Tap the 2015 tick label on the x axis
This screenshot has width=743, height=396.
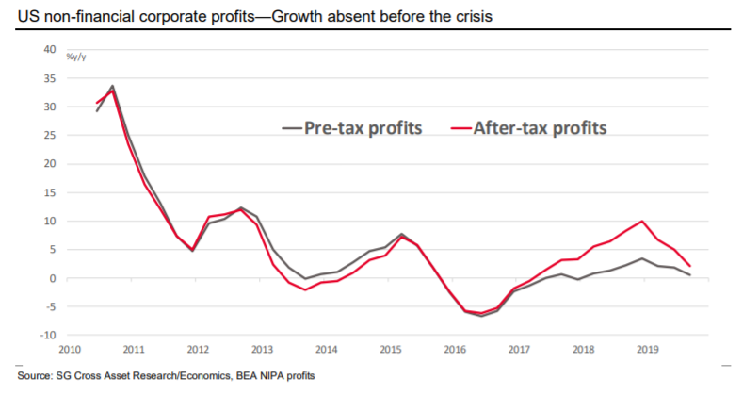click(x=391, y=349)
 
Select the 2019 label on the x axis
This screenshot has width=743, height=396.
click(x=649, y=349)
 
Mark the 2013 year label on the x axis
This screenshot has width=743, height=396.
click(x=261, y=349)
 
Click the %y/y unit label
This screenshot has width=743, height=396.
click(x=76, y=58)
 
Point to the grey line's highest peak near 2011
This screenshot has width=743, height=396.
click(x=113, y=86)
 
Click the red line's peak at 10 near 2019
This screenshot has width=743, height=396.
click(x=641, y=222)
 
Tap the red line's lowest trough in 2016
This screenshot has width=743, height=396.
click(x=480, y=313)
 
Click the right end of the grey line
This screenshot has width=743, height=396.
click(x=690, y=274)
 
